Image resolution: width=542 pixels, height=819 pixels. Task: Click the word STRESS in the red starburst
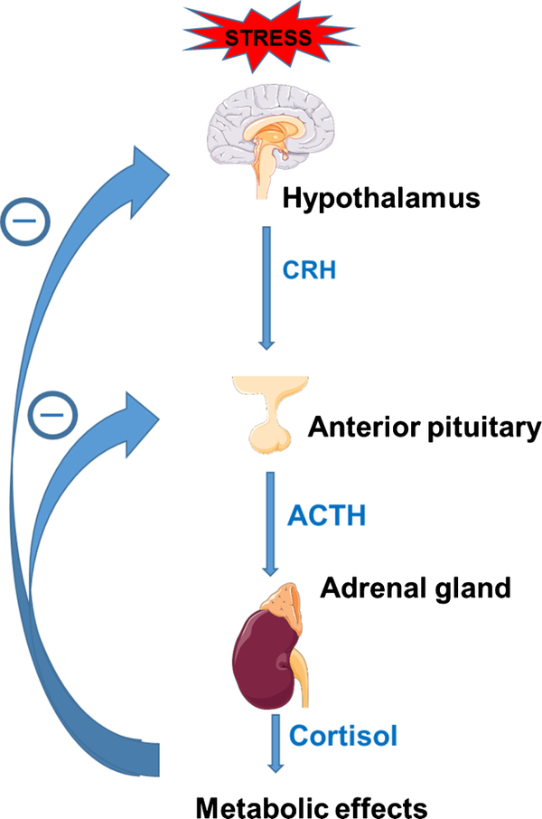(268, 38)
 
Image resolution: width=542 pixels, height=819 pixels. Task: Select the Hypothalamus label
(381, 199)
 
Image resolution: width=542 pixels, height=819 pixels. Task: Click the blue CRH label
(309, 270)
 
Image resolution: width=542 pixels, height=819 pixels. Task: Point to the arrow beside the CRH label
(266, 287)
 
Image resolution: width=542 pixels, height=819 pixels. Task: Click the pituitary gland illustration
(270, 413)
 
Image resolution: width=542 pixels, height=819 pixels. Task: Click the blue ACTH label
(326, 515)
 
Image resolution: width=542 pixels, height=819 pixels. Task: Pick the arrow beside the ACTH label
(270, 524)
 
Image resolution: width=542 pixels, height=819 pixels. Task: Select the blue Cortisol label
(343, 736)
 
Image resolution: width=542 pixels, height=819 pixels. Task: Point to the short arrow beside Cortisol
(276, 743)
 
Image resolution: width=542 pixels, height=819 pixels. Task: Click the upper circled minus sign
(25, 221)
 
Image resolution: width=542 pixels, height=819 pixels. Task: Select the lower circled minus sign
(52, 415)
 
